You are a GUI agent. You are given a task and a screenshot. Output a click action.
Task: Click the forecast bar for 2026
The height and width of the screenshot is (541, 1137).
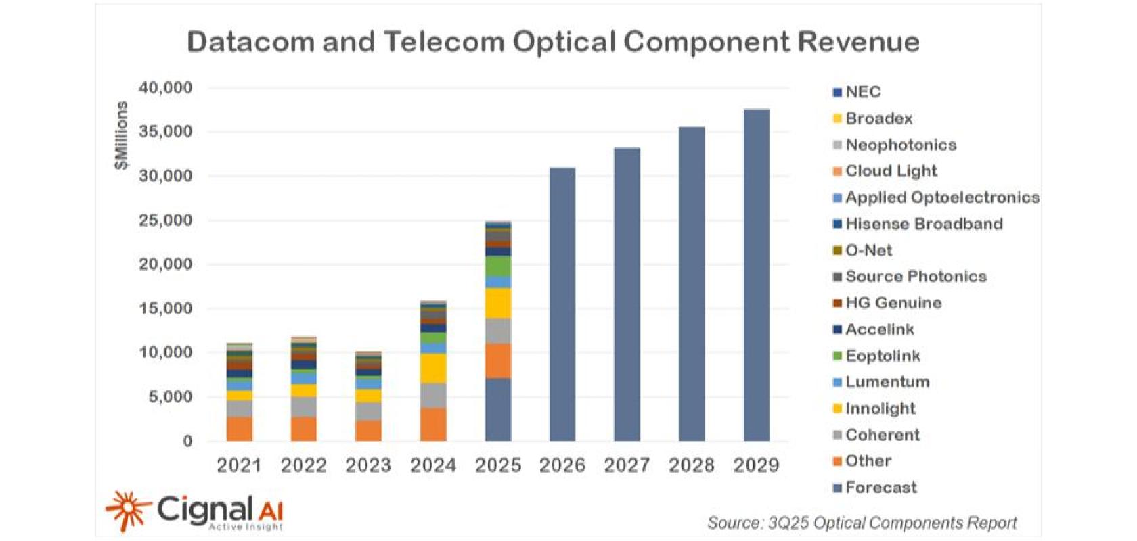click(x=562, y=304)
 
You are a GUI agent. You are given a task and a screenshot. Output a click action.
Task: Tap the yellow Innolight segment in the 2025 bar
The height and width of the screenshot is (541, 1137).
click(x=498, y=303)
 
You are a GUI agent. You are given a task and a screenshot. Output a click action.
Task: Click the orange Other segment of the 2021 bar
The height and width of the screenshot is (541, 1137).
click(x=239, y=429)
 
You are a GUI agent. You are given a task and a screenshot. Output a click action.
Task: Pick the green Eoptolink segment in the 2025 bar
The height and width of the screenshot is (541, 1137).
click(x=498, y=266)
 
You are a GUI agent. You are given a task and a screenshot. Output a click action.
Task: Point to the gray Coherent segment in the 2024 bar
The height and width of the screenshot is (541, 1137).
click(x=433, y=396)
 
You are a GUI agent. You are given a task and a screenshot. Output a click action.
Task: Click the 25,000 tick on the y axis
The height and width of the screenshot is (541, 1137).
click(x=166, y=220)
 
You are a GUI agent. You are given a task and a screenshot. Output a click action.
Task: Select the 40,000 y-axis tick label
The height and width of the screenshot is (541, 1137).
click(x=166, y=88)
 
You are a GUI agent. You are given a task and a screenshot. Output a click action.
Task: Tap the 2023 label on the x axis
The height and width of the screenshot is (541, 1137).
click(x=368, y=465)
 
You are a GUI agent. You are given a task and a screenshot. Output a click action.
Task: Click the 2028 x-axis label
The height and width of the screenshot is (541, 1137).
click(x=692, y=465)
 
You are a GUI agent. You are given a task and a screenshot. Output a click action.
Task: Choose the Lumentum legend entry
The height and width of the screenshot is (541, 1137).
click(x=887, y=382)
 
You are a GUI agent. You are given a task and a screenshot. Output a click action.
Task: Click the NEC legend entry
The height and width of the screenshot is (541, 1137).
click(x=862, y=92)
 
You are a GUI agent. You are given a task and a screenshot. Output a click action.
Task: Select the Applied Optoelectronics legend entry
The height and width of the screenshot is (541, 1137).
click(x=941, y=197)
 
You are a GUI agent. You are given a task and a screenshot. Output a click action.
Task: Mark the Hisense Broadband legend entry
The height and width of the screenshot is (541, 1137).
click(x=923, y=224)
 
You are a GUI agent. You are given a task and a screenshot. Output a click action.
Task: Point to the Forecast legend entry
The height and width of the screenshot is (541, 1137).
click(x=880, y=488)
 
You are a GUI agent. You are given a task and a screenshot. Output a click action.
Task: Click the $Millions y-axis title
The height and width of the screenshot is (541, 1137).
click(x=121, y=135)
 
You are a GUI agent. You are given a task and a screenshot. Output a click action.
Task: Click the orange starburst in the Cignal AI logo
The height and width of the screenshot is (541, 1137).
click(x=127, y=510)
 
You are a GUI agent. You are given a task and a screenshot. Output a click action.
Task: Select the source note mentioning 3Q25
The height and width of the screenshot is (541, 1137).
click(x=862, y=523)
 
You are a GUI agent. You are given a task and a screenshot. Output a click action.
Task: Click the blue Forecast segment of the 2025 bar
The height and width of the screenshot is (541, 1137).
click(x=498, y=409)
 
